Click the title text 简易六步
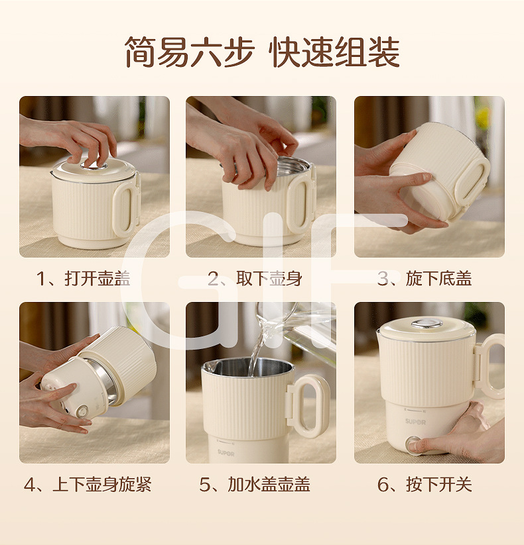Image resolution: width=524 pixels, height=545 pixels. tap(190, 52)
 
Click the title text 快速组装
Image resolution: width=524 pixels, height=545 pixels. tap(334, 52)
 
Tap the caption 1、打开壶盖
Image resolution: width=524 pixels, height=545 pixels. tap(84, 278)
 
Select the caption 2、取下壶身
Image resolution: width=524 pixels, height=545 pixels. tap(255, 278)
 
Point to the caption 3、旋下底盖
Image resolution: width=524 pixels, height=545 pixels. tap(425, 278)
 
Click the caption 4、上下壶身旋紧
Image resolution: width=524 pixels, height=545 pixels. tap(88, 484)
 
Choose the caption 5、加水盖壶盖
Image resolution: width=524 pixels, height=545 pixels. tap(255, 484)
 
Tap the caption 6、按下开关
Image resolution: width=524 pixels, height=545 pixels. tap(425, 484)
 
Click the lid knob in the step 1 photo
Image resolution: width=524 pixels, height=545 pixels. tap(94, 165)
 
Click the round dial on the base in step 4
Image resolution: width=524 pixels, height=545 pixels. tap(82, 411)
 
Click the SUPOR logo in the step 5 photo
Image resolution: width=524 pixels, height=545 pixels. tap(226, 452)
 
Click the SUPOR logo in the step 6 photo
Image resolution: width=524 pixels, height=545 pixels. tap(415, 422)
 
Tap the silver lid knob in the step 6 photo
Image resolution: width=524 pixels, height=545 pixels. tap(426, 324)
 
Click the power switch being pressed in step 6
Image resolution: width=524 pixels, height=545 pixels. tap(414, 444)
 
